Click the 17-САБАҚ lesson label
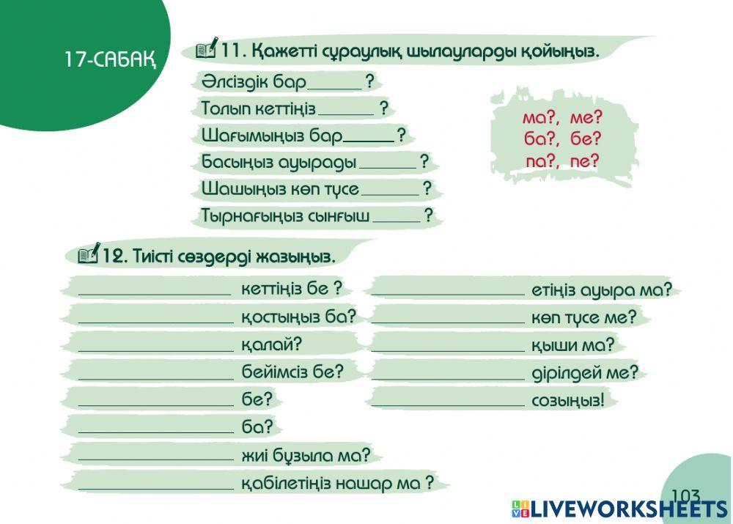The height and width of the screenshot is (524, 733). [x=110, y=59]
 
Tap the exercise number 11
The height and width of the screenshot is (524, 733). [x=233, y=50]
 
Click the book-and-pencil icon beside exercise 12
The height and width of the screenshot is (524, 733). [x=89, y=253]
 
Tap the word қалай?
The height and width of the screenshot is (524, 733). [x=272, y=344]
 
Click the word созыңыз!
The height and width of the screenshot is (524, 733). [x=568, y=400]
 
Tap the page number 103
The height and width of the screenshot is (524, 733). [x=686, y=495]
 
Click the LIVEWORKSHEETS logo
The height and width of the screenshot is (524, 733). [x=620, y=509]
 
